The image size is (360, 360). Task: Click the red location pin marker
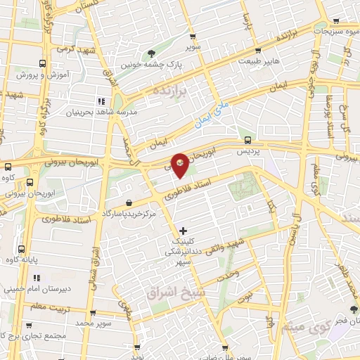point(181,162)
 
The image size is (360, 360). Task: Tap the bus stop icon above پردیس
point(247,139)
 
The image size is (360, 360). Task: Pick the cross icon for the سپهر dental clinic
point(184,230)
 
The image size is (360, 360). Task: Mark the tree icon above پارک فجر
point(354,309)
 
